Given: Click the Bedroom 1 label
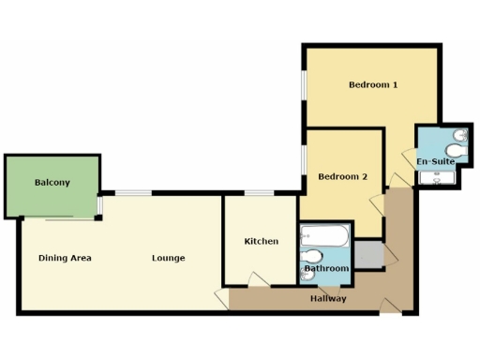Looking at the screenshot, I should [x=373, y=85].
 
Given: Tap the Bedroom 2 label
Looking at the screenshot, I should [x=342, y=176].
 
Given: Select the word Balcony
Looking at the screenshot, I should [x=52, y=183].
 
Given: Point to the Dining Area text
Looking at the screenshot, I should [x=65, y=258].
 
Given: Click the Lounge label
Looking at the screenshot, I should [x=169, y=258].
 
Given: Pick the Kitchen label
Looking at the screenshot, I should [x=261, y=242].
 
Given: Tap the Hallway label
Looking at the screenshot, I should [x=328, y=299].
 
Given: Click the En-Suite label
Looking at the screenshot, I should [x=436, y=161].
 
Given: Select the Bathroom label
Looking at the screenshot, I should [x=325, y=269].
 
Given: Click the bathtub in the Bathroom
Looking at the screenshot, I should [x=324, y=235].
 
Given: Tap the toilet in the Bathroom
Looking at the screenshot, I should [x=313, y=256].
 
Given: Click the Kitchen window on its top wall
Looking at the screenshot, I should [x=258, y=193].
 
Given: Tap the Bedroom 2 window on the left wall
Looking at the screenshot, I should [x=303, y=160].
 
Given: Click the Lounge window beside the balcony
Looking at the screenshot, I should [x=133, y=193].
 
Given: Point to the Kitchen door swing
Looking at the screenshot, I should [x=254, y=279].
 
